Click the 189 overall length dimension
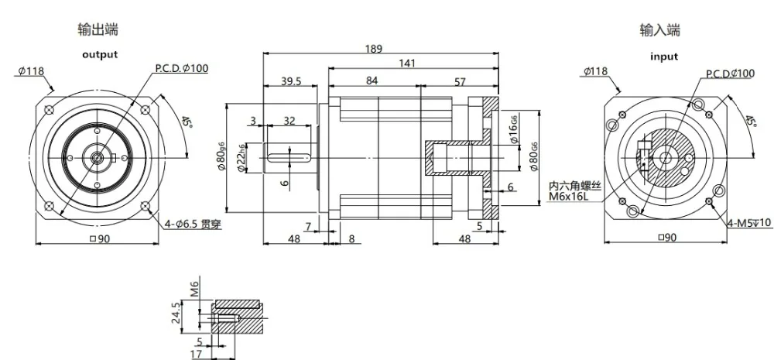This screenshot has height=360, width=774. [x=374, y=49]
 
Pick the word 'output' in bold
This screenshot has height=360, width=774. [x=100, y=54]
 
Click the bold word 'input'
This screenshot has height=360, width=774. [x=663, y=57]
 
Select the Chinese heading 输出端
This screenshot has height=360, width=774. [x=98, y=30]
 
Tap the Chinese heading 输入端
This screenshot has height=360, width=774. [x=660, y=30]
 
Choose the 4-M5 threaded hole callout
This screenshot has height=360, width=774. [x=749, y=225]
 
